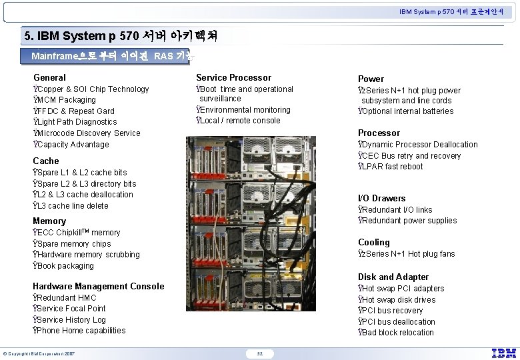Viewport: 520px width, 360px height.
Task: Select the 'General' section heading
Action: [49, 77]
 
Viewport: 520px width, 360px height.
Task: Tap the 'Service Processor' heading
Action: [233, 77]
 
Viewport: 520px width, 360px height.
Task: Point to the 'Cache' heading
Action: [46, 161]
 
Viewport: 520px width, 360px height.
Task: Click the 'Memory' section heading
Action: [49, 221]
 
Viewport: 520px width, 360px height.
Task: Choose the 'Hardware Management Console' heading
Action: [98, 286]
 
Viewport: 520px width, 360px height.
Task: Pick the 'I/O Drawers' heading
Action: [381, 198]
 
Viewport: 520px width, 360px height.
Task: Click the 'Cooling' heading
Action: [373, 242]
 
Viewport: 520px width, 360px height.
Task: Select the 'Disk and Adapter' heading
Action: [393, 277]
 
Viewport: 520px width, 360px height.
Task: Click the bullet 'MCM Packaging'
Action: [66, 100]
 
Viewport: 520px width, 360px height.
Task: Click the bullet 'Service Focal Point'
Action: [71, 309]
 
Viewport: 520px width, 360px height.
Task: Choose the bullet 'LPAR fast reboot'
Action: [392, 167]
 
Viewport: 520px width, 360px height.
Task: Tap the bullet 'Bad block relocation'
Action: [397, 333]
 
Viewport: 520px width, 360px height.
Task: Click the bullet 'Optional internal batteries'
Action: [407, 111]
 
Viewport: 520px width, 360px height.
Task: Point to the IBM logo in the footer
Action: [504, 353]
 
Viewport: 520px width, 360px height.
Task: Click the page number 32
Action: [260, 353]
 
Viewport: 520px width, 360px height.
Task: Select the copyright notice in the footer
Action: [38, 353]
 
